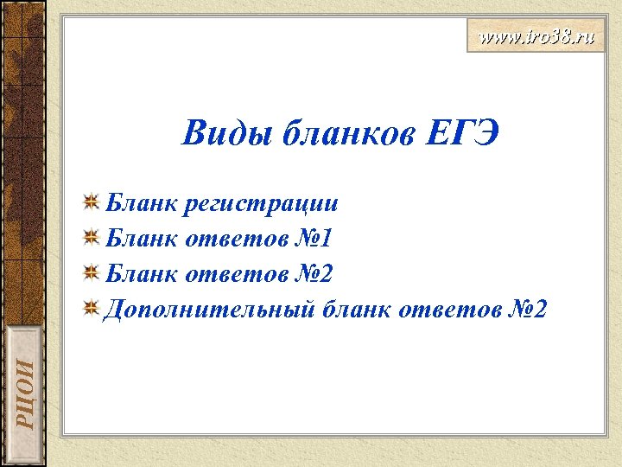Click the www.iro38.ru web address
[536, 38]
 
